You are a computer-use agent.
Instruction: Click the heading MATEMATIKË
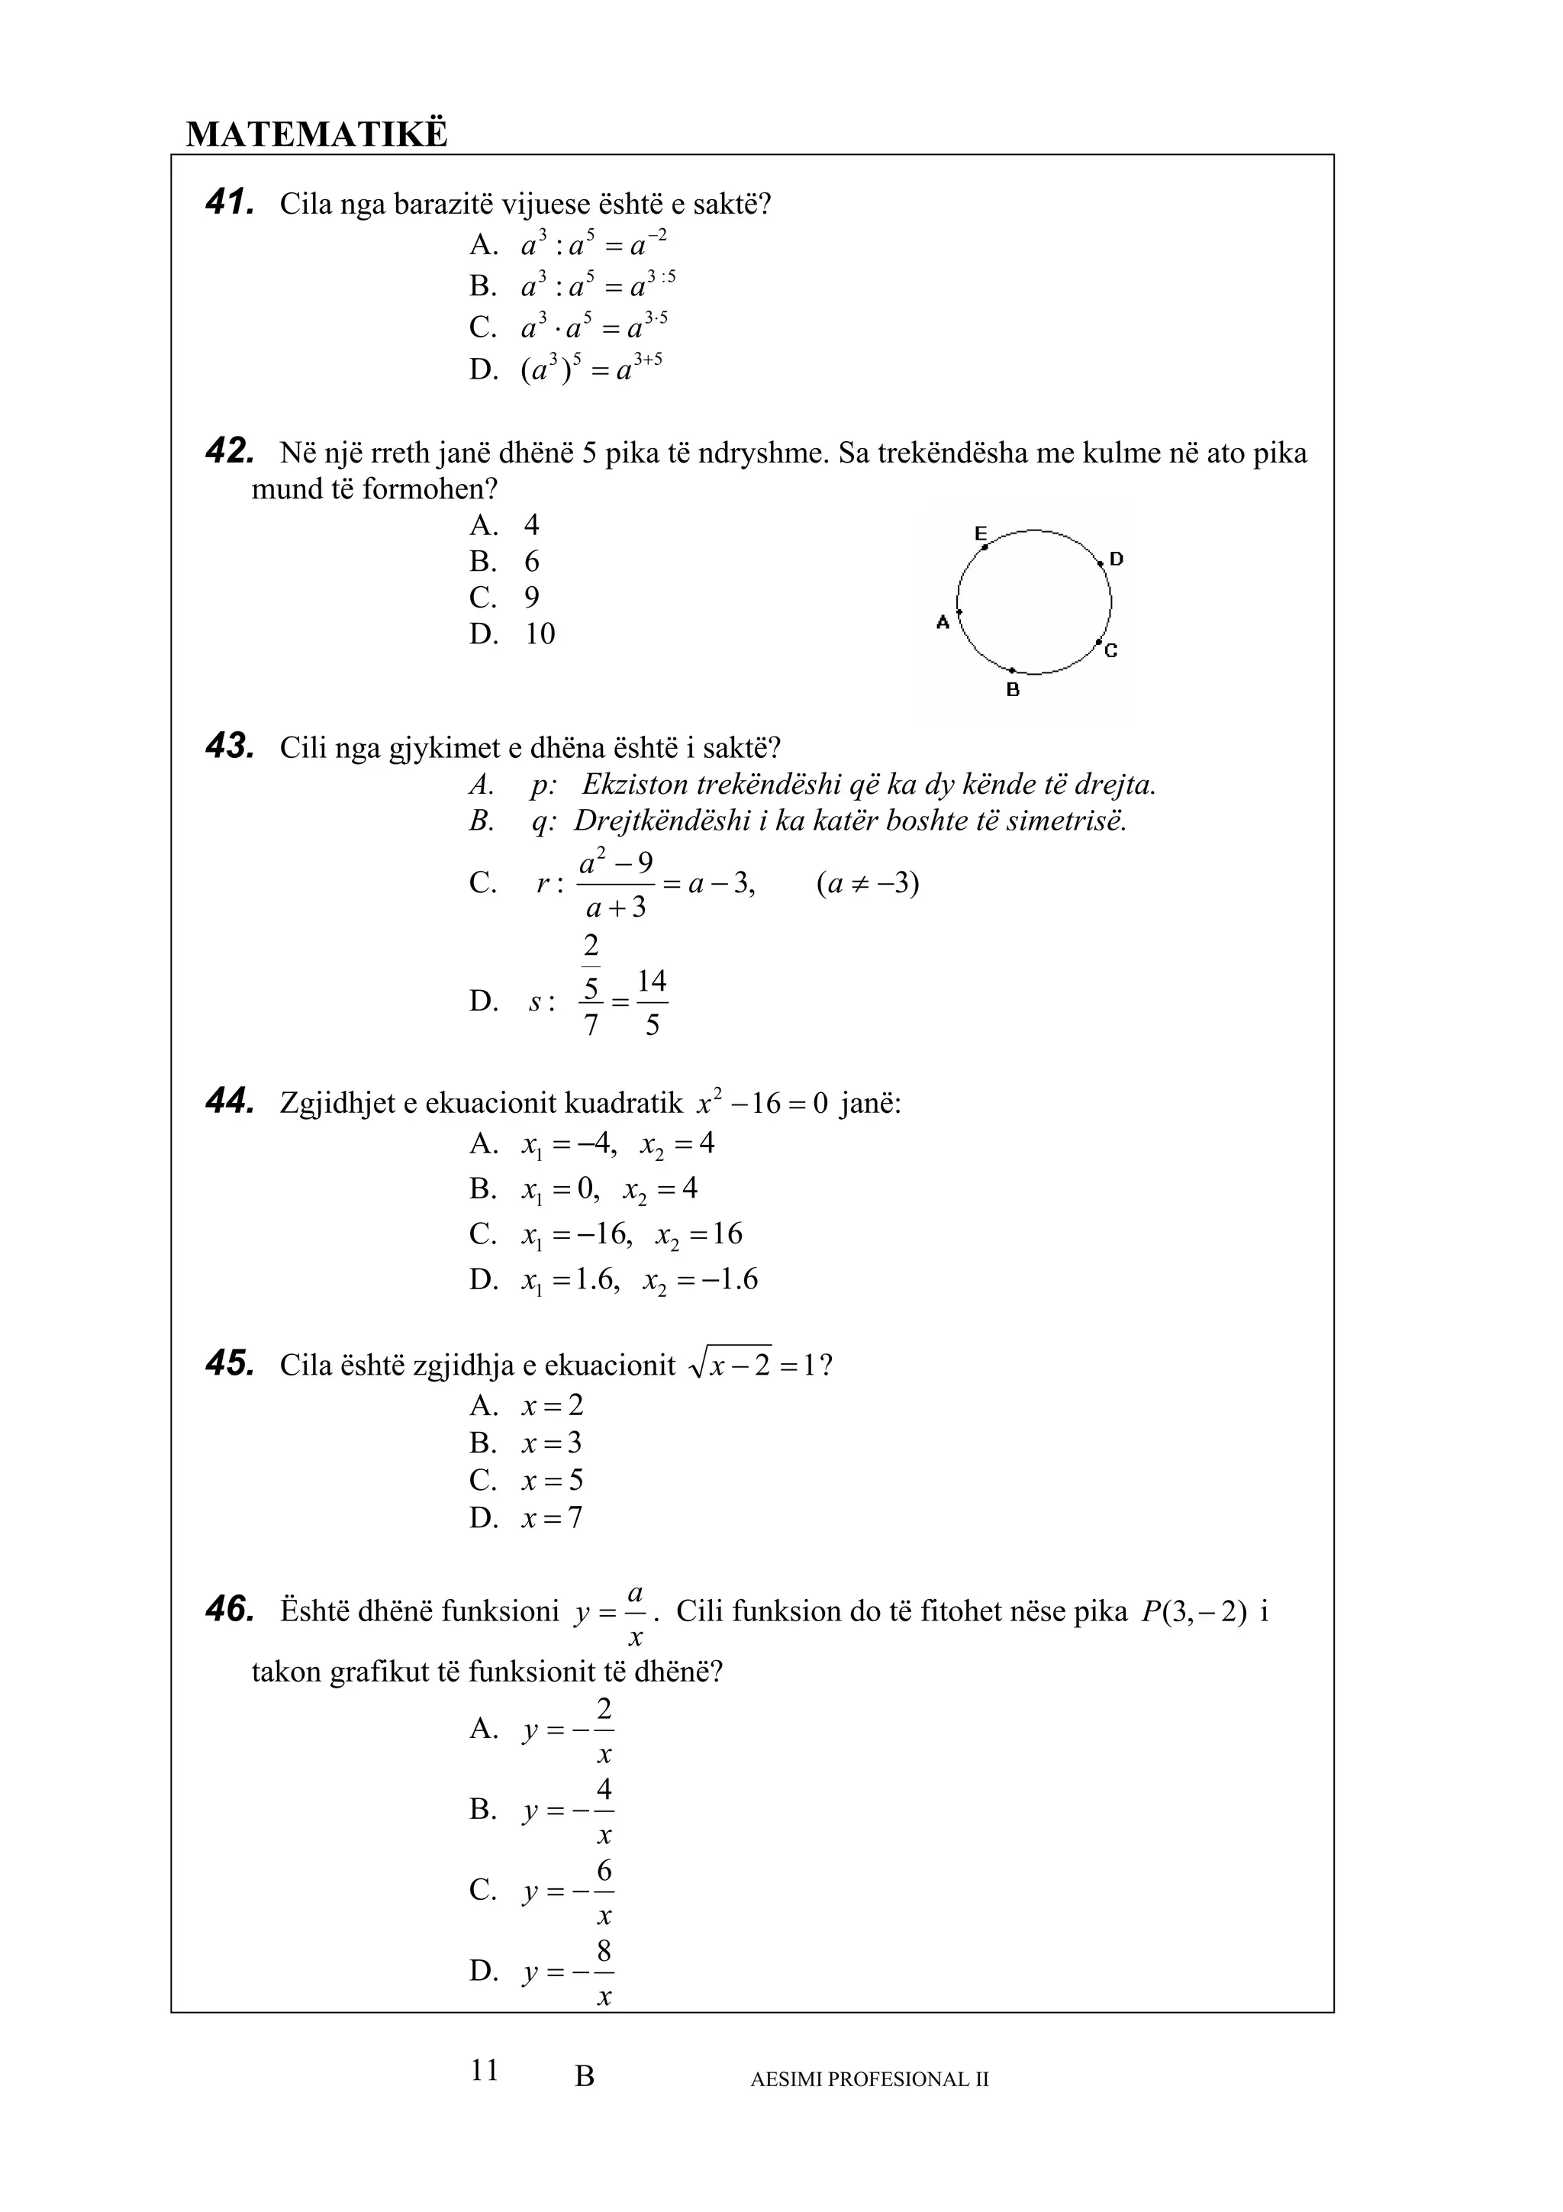pyautogui.click(x=316, y=134)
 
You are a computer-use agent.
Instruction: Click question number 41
pyautogui.click(x=229, y=202)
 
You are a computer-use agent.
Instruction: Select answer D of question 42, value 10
pyautogui.click(x=540, y=634)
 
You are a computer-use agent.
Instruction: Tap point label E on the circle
pyautogui.click(x=981, y=533)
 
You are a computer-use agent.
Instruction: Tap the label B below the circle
pyautogui.click(x=1012, y=690)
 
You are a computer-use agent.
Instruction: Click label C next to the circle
pyautogui.click(x=1110, y=651)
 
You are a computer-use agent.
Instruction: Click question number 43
pyautogui.click(x=229, y=746)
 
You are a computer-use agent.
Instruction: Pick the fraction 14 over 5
pyautogui.click(x=652, y=1002)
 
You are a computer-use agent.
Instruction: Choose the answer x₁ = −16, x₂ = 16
pyautogui.click(x=632, y=1234)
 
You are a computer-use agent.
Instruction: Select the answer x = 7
pyautogui.click(x=552, y=1518)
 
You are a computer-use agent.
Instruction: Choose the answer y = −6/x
pyautogui.click(x=568, y=1891)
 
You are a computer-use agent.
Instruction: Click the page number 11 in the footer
pyautogui.click(x=485, y=2069)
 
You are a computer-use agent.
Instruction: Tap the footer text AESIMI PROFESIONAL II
pyautogui.click(x=869, y=2079)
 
